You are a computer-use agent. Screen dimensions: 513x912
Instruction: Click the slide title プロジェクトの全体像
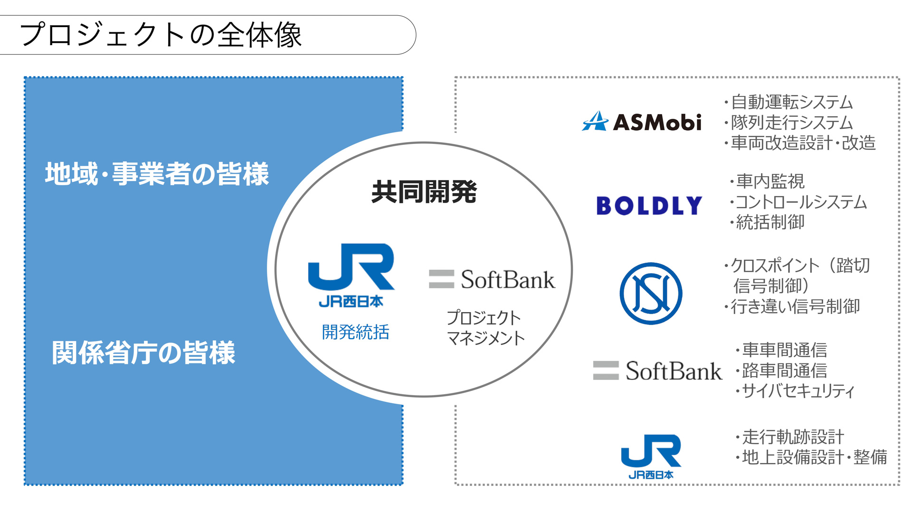161,35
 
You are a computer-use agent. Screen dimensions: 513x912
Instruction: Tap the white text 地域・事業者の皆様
157,174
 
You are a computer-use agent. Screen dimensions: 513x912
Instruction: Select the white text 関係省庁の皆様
143,353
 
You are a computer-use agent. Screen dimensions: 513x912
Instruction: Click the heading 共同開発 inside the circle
424,192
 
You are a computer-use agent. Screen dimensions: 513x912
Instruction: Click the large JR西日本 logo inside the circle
351,275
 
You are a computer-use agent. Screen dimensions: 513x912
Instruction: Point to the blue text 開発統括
355,332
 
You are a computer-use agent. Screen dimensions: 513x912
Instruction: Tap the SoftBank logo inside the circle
492,279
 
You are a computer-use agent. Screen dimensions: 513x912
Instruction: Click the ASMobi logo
642,122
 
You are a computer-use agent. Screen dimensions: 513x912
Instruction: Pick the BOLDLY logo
649,206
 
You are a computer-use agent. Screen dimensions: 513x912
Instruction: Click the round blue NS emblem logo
651,294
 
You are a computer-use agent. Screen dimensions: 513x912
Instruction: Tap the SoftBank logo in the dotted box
657,371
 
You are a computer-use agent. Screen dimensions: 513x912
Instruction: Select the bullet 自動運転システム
791,102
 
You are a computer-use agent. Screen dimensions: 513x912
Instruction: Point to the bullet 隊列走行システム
791,123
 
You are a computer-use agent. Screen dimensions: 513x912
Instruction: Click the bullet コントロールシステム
801,202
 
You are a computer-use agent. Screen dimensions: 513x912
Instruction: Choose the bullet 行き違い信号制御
795,306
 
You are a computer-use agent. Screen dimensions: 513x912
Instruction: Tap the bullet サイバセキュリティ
798,391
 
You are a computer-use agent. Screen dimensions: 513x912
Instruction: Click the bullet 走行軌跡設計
793,437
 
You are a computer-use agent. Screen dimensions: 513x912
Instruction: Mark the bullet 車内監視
769,181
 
